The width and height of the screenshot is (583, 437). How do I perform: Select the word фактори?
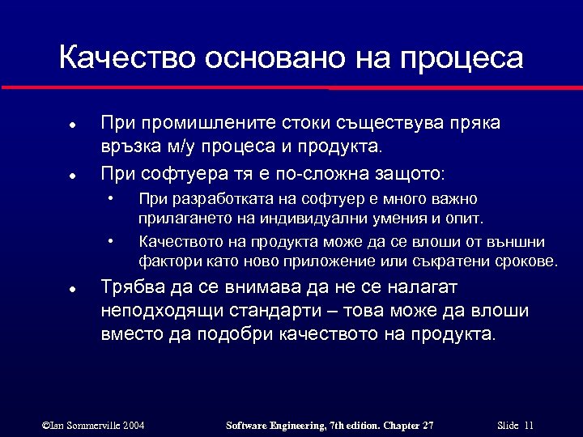(166, 261)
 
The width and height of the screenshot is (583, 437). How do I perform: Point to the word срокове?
(526, 261)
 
